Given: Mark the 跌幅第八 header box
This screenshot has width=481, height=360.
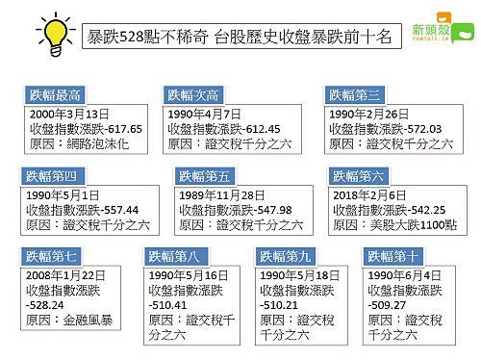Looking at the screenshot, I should [x=178, y=257].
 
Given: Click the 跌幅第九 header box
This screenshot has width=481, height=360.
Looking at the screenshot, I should [x=289, y=257].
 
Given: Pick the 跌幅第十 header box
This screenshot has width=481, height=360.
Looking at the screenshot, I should [x=394, y=257].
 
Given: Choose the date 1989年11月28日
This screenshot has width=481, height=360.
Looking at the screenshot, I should [x=225, y=194].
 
